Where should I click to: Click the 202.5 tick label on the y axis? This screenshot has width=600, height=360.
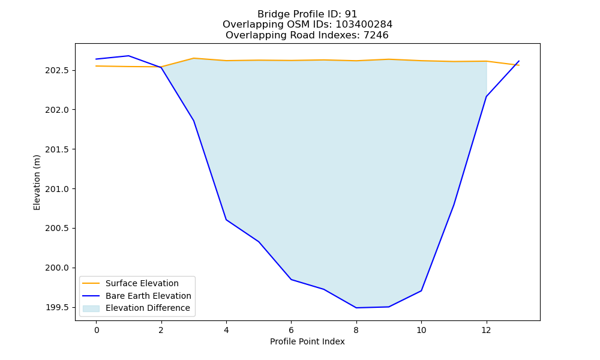tap(58, 70)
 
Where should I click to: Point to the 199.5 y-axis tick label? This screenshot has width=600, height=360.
tap(58, 308)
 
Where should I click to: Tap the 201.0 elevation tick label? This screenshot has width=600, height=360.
tap(58, 189)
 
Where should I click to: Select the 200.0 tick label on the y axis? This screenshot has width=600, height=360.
tap(58, 268)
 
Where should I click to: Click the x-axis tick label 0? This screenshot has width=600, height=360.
tap(96, 330)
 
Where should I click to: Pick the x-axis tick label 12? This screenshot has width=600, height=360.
tap(487, 330)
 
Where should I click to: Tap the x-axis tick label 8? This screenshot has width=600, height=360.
tap(356, 330)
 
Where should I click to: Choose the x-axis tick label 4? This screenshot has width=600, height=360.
tap(226, 330)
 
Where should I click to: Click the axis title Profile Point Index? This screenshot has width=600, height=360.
tap(307, 341)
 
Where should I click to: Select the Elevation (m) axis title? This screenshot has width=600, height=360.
tap(37, 182)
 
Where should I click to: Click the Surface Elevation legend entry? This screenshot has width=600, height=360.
tap(142, 283)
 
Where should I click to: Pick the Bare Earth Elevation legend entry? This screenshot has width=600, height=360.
tap(148, 296)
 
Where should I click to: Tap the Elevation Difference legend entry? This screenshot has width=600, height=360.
tap(148, 308)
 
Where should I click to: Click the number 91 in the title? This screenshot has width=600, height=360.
tap(351, 14)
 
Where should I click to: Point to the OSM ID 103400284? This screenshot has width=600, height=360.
tap(364, 25)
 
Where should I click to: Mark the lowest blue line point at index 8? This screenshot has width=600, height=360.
tap(356, 308)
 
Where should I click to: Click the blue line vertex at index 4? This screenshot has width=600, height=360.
tap(226, 220)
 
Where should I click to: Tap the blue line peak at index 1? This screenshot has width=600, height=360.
tap(128, 56)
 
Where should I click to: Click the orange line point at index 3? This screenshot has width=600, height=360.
tap(194, 58)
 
